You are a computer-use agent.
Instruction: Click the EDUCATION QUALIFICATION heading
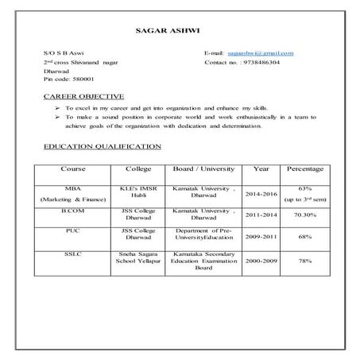point(102,147)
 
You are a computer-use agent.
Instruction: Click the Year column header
point(261,168)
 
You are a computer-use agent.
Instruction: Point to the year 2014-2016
point(261,193)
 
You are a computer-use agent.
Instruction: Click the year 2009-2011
point(261,237)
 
